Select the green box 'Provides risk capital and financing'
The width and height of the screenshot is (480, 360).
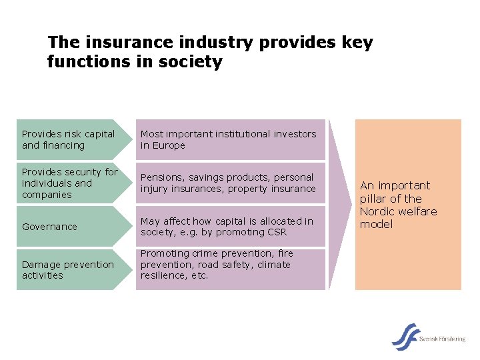[x=70, y=139]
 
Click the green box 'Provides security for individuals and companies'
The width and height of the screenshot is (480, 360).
[x=70, y=183]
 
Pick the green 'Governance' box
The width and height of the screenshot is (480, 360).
[x=70, y=227]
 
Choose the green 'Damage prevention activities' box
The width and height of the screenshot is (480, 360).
[x=70, y=269]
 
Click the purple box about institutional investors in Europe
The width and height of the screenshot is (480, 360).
[x=231, y=139]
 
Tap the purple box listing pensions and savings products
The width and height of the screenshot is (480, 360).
[x=231, y=183]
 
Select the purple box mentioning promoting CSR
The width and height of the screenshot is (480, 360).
[x=231, y=227]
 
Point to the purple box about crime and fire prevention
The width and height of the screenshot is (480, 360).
[x=231, y=269]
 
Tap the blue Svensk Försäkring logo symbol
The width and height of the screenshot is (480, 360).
[x=405, y=337]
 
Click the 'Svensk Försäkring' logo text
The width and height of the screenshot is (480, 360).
[x=442, y=339]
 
